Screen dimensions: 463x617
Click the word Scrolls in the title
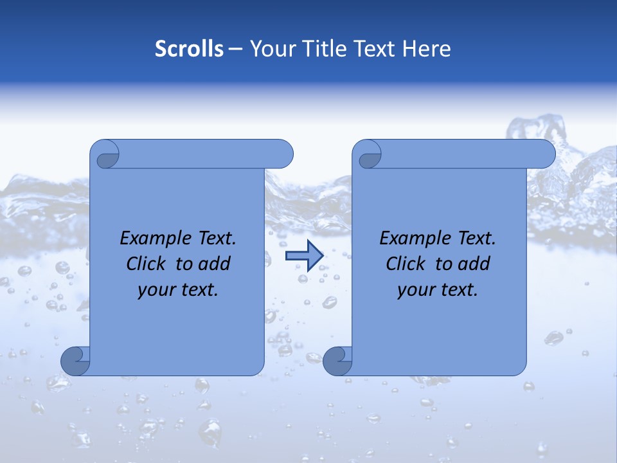[189, 49]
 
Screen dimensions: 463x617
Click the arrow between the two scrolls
[304, 256]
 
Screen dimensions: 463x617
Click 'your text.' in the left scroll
[178, 290]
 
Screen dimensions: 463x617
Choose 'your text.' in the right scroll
[438, 290]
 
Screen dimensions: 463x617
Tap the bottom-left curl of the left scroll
[75, 361]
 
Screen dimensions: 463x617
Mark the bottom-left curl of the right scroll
[337, 361]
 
